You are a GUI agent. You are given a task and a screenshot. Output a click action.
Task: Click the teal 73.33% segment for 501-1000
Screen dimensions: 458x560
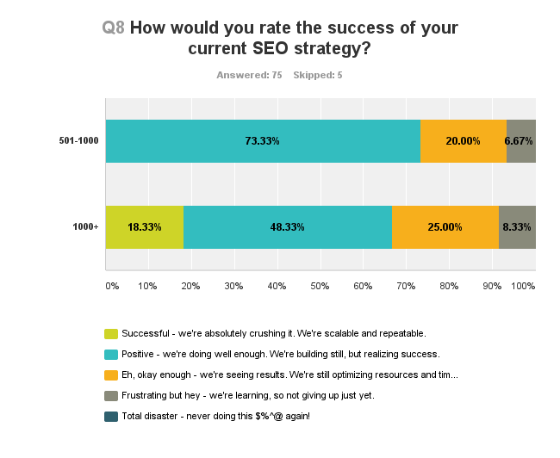point(263,141)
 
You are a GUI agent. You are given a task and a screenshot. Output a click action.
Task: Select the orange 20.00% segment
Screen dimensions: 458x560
point(463,141)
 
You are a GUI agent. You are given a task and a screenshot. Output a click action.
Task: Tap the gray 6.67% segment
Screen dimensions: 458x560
point(521,141)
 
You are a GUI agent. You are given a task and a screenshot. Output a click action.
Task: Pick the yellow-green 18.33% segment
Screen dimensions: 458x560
point(145,227)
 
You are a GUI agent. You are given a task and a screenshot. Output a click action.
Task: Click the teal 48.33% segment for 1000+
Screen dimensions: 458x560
point(288,227)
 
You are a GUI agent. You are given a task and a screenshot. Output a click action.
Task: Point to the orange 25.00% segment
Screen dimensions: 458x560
point(445,227)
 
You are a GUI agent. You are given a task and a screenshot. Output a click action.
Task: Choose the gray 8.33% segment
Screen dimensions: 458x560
point(517,227)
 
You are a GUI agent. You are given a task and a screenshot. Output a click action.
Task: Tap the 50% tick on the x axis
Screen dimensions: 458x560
point(320,285)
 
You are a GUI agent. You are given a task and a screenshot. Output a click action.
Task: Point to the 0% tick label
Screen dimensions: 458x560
point(111,285)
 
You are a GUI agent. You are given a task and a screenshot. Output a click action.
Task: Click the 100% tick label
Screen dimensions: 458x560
point(523,285)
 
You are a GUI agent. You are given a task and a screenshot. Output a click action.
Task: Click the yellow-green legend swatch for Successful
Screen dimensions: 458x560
point(111,333)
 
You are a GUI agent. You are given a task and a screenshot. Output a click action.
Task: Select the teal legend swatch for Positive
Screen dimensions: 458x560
point(111,354)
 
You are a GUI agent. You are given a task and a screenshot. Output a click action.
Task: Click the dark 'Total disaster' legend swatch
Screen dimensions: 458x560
point(111,416)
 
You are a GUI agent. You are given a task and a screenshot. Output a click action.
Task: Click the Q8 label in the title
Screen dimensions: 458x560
point(113,28)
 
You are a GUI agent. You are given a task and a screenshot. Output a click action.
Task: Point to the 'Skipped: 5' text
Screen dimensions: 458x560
point(318,75)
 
